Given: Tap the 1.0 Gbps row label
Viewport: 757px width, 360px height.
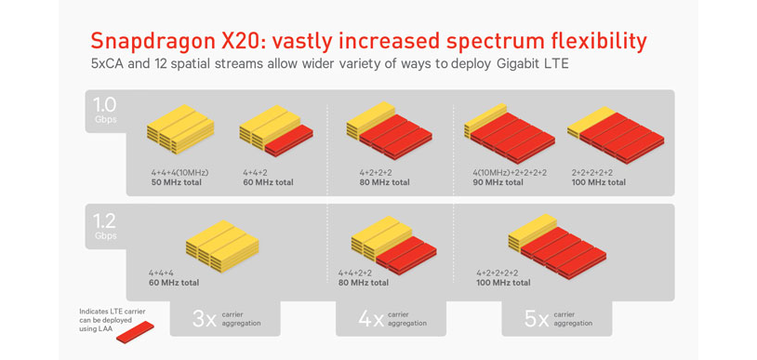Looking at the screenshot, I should tap(105, 109).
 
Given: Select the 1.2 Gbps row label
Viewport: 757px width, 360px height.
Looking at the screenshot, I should tap(105, 224).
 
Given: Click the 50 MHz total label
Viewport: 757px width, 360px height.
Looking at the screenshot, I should tap(177, 182).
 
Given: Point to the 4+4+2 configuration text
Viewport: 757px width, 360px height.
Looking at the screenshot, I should tap(256, 172).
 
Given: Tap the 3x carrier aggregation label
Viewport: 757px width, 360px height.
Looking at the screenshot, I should tap(226, 319).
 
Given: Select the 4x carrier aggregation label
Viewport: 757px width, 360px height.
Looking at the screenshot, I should tap(392, 319).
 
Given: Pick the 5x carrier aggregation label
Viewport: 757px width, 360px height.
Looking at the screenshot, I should tap(557, 319).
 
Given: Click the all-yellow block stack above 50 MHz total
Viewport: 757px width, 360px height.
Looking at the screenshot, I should tap(180, 128).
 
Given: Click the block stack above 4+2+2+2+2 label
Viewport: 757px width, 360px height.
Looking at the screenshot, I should tap(557, 246).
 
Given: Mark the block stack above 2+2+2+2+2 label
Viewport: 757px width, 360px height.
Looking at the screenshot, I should tap(615, 136).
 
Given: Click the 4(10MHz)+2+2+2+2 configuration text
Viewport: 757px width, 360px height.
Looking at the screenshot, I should tap(510, 172).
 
